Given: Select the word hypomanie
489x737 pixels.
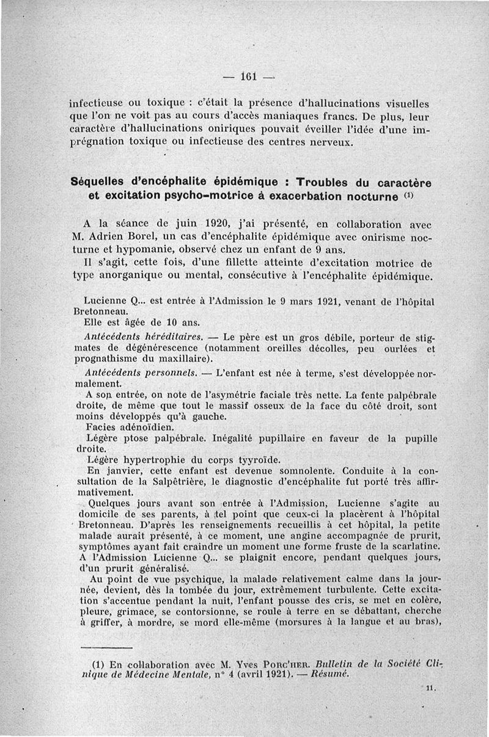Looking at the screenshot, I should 147,251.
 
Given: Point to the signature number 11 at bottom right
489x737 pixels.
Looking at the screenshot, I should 428,688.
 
